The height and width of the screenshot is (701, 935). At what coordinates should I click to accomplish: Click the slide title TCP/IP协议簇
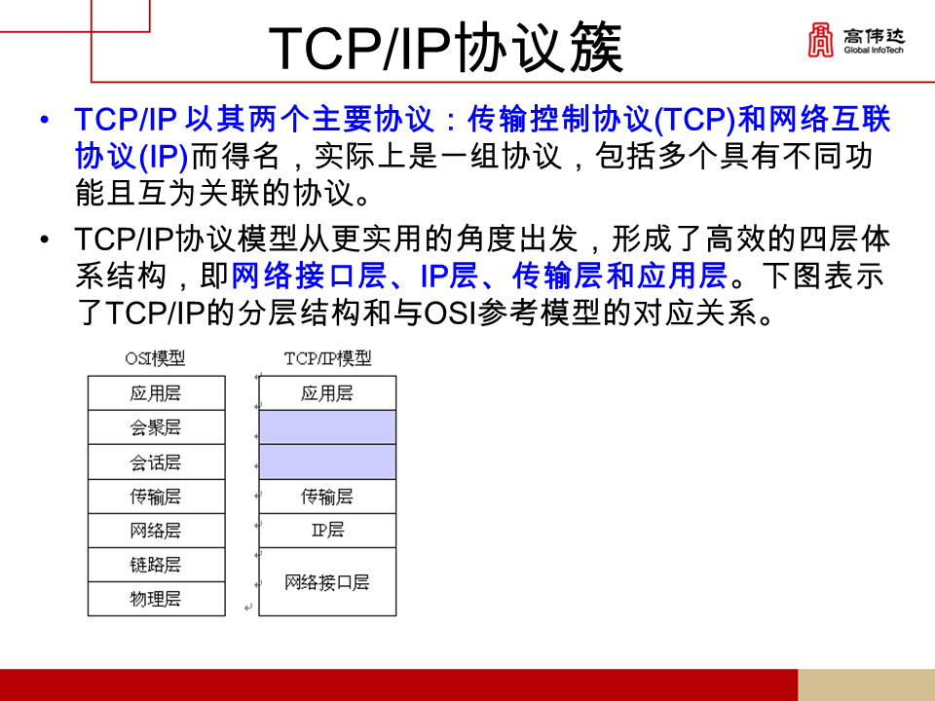pyautogui.click(x=445, y=49)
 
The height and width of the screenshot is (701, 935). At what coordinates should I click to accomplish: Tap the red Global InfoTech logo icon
pyautogui.click(x=820, y=41)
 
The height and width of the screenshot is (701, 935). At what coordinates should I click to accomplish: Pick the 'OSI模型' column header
pyautogui.click(x=155, y=358)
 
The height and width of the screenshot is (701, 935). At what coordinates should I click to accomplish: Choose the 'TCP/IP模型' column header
pyautogui.click(x=327, y=358)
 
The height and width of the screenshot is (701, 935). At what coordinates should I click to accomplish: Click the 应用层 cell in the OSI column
pyautogui.click(x=156, y=393)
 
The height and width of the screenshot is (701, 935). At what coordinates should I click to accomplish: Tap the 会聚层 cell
pyautogui.click(x=156, y=427)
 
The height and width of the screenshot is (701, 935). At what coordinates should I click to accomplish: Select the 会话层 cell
pyautogui.click(x=156, y=461)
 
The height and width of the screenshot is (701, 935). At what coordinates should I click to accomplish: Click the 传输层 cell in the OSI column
pyautogui.click(x=156, y=497)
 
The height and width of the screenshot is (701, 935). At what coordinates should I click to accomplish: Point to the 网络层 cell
pyautogui.click(x=156, y=531)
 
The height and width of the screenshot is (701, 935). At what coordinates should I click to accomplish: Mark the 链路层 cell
pyautogui.click(x=156, y=565)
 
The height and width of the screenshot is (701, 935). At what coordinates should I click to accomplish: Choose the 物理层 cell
pyautogui.click(x=156, y=599)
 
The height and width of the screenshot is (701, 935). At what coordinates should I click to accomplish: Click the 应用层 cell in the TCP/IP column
pyautogui.click(x=327, y=393)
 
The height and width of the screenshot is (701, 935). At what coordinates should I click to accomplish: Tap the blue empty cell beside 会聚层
pyautogui.click(x=327, y=427)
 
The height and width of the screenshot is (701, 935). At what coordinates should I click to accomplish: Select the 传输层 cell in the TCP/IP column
pyautogui.click(x=327, y=497)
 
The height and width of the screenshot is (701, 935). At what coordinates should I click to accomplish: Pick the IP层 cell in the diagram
pyautogui.click(x=327, y=531)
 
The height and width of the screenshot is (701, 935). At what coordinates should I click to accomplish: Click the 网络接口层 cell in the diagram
pyautogui.click(x=327, y=582)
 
